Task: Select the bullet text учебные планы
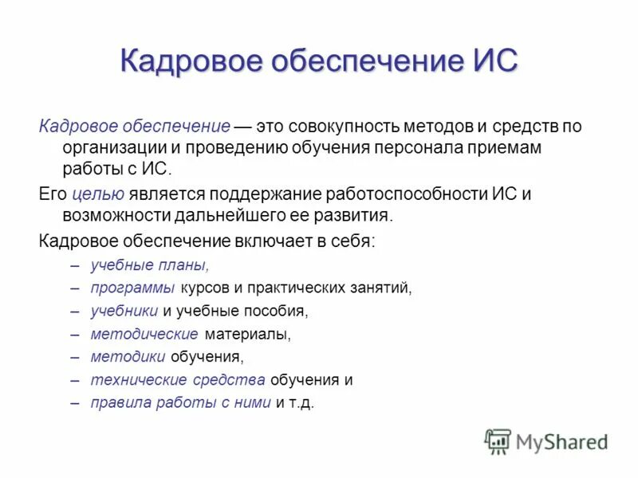150,265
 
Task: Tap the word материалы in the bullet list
247,334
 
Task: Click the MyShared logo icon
498,441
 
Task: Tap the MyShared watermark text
562,441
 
